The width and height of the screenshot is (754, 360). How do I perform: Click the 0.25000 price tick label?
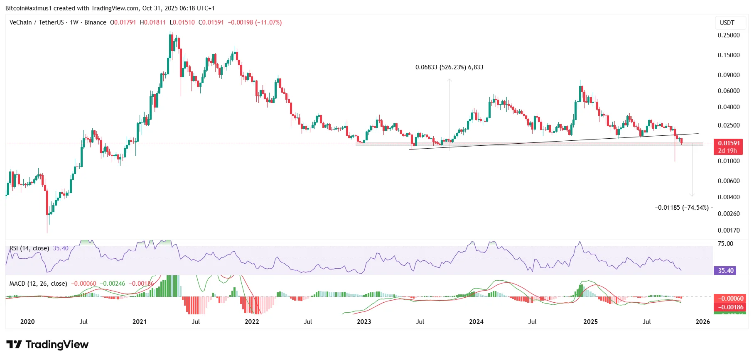pos(728,35)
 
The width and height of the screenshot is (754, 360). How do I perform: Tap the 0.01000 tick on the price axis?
pos(728,161)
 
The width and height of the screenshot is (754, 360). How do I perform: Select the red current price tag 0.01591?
pos(729,143)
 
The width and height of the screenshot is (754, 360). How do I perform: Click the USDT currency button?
pos(727,23)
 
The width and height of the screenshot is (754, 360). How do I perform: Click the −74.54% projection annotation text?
pos(682,208)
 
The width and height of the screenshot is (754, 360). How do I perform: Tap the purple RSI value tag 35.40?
pos(726,271)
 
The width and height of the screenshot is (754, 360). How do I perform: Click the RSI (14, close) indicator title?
pos(29,248)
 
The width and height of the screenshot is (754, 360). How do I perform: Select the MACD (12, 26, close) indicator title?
pos(38,284)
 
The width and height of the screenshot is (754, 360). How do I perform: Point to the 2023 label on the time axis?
pos(364,322)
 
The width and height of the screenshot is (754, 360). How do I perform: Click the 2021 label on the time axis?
pos(140,322)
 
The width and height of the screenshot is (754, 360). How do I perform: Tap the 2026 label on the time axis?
pos(702,322)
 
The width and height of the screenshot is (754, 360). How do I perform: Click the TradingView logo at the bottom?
pos(48,345)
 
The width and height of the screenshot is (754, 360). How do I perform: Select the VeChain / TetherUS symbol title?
pos(37,22)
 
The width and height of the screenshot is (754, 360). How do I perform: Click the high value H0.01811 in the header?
pos(152,22)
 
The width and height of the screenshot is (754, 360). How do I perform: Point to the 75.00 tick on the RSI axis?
pos(725,244)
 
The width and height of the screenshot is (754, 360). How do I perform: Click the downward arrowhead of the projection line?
pos(692,195)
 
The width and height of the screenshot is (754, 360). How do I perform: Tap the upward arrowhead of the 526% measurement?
pos(449,80)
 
